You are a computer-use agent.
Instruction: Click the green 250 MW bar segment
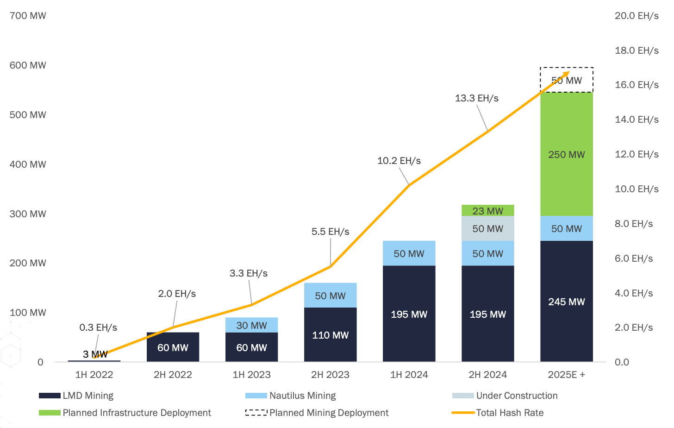pos(566,154)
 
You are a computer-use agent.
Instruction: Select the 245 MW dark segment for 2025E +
pos(566,302)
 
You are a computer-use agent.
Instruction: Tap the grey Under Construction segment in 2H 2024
pos(487,229)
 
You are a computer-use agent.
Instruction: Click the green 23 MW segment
pos(487,211)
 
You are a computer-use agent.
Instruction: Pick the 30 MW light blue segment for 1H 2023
pos(251,325)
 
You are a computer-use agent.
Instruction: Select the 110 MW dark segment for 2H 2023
pos(330,335)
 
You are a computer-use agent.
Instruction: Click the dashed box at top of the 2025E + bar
pos(566,80)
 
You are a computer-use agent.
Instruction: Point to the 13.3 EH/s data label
pos(476,98)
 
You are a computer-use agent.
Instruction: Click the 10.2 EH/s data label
pos(399,161)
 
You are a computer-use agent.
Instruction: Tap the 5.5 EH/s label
pos(330,232)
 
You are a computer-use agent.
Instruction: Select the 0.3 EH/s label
pos(98,327)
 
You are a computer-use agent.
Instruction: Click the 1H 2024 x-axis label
pos(409,375)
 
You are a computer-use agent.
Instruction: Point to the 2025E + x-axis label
pos(566,375)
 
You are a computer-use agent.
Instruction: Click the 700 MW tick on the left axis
pos(28,16)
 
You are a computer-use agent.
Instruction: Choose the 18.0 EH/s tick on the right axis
pos(636,50)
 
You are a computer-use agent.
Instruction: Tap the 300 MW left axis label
pos(28,214)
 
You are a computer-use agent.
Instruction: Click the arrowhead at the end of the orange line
pos(567,74)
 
